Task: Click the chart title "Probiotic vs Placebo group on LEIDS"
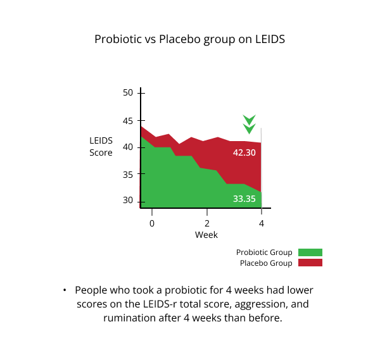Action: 190,39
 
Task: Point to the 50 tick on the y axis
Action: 128,93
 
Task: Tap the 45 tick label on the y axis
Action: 128,120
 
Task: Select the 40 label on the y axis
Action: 128,147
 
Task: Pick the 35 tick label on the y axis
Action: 128,175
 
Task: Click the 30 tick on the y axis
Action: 128,201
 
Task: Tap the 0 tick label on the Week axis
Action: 152,223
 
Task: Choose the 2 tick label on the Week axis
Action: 207,223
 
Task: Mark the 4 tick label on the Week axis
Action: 261,223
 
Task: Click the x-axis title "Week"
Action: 206,235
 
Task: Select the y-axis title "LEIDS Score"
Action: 101,147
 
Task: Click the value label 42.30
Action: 244,152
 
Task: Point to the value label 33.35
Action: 244,199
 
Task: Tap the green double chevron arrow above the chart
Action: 250,124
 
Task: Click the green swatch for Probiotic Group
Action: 310,252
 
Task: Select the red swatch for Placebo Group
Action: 310,263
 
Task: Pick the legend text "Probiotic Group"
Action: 264,252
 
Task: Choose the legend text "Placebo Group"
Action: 266,263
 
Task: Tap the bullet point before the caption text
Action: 65,290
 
